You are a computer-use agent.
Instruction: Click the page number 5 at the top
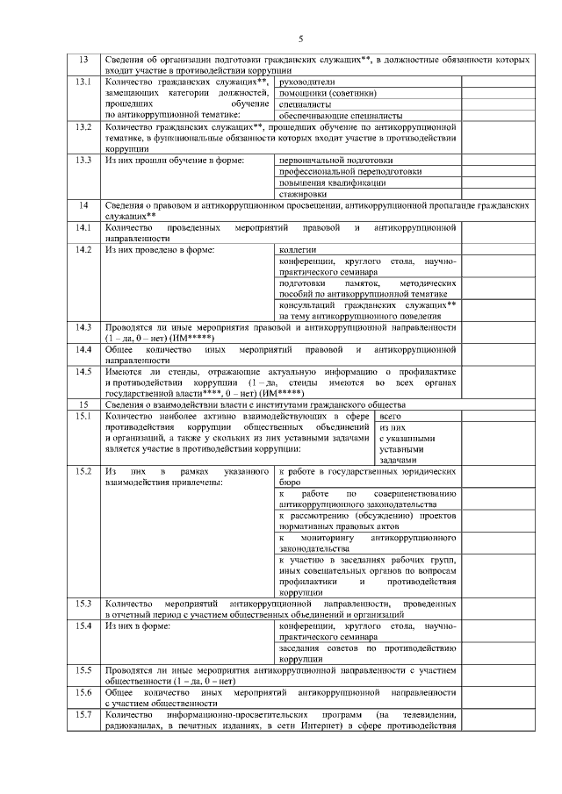click(300, 39)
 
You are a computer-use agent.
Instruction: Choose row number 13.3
click(84, 161)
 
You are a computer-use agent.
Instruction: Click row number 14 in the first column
click(84, 205)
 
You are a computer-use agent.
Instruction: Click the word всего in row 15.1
click(391, 416)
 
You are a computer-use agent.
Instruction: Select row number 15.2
click(84, 472)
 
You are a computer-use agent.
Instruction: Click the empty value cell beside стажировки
click(496, 194)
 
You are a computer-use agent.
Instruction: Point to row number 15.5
click(84, 671)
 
